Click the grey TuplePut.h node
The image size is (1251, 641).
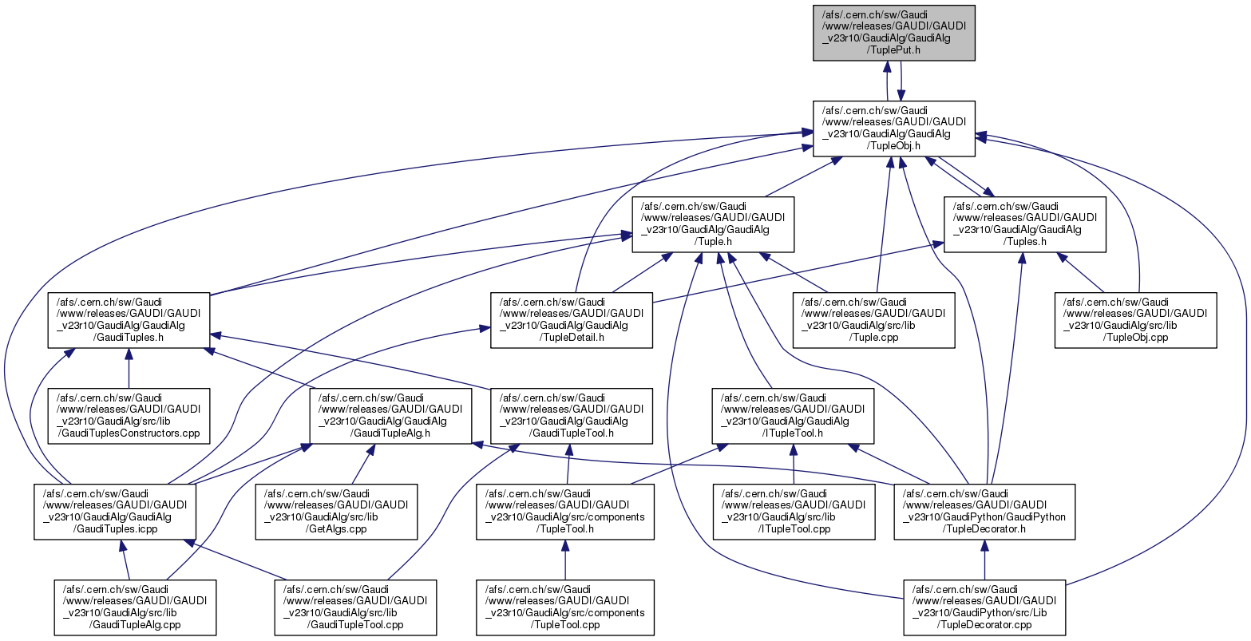[x=894, y=32]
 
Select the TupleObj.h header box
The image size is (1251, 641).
[x=894, y=129]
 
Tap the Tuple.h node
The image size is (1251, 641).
[x=713, y=224]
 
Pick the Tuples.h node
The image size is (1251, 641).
[x=1025, y=224]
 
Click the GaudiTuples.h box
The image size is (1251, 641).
[x=129, y=320]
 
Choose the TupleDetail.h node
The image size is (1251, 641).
[x=571, y=320]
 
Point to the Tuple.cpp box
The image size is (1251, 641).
[x=873, y=320]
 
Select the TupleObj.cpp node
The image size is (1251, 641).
[x=1135, y=320]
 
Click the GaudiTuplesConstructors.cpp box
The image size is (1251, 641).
[x=129, y=416]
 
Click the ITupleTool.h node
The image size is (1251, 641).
[x=793, y=416]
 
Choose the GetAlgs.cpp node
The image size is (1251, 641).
[x=336, y=512]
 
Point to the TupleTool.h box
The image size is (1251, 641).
[x=565, y=512]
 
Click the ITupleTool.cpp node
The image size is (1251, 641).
[x=794, y=512]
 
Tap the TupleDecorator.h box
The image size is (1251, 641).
[x=984, y=512]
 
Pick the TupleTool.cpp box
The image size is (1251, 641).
[x=565, y=607]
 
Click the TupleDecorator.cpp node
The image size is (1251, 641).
[x=984, y=607]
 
